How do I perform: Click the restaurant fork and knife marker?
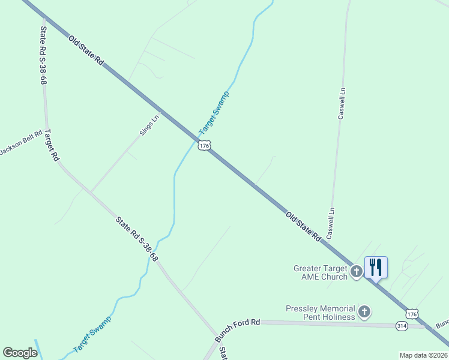click(376, 267)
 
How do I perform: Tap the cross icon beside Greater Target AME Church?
click(357, 272)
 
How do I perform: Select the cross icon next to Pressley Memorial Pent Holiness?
click(364, 311)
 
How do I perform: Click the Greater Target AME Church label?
click(321, 272)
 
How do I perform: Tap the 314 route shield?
click(402, 325)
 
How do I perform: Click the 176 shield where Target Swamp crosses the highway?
click(205, 146)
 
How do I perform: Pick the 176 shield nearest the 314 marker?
click(411, 314)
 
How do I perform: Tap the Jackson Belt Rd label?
click(21, 142)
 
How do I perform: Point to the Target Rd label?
click(52, 145)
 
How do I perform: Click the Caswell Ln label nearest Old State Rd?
click(330, 222)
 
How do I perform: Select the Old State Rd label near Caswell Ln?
click(303, 227)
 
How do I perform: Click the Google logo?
click(20, 353)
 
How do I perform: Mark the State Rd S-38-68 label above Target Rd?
click(43, 55)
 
